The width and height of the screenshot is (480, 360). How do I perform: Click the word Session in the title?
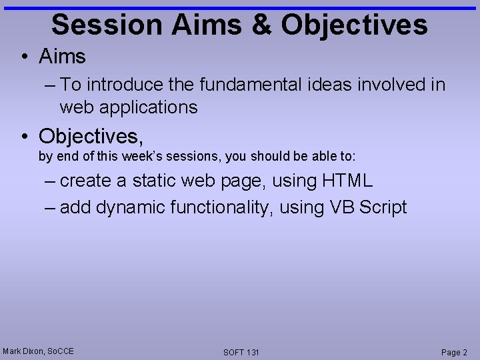click(106, 25)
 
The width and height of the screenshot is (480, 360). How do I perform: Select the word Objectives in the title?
click(354, 25)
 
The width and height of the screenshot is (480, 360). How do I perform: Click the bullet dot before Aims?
click(25, 57)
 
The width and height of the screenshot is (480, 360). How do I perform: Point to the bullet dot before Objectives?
click(25, 137)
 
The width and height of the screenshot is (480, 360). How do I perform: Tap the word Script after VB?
click(383, 207)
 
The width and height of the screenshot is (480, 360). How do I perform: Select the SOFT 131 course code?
click(241, 352)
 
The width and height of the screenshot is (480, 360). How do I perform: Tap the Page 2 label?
click(454, 352)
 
